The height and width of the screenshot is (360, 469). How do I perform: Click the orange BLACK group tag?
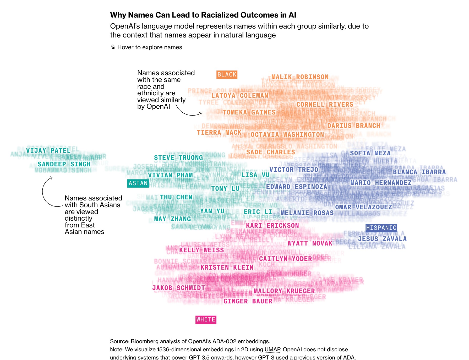[227, 75]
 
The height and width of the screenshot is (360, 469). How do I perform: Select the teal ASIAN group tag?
[138, 183]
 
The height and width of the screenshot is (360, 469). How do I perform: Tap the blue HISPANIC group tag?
[381, 228]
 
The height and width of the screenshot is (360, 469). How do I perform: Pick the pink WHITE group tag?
[206, 320]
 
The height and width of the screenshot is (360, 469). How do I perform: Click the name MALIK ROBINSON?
[300, 77]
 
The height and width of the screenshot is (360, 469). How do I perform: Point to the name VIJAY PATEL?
[48, 151]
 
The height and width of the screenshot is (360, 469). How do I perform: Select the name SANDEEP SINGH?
[64, 164]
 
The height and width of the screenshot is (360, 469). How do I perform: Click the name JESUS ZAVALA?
[382, 239]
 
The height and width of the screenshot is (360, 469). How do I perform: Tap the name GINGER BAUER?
[248, 301]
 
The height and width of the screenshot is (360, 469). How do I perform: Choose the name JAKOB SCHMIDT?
[178, 288]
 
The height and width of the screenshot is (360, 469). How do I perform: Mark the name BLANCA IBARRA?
[419, 172]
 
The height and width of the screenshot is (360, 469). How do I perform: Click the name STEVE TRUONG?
[178, 158]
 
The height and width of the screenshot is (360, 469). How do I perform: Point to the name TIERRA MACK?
[219, 133]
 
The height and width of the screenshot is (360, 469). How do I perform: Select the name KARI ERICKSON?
[272, 226]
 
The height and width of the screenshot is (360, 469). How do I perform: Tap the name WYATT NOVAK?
[310, 243]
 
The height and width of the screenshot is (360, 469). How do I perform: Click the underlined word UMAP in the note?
[272, 350]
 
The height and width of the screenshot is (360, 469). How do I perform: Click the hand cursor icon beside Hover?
[113, 47]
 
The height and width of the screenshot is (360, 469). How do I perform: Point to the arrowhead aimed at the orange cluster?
[200, 113]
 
